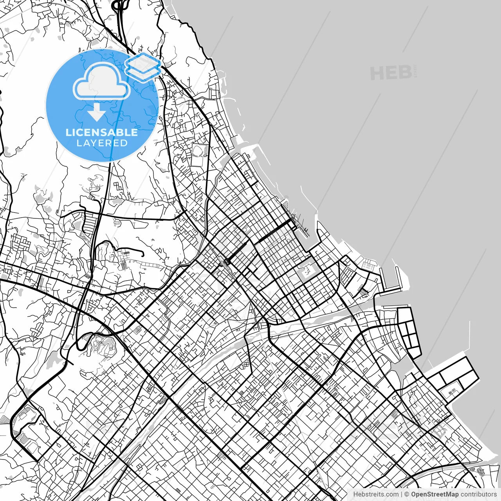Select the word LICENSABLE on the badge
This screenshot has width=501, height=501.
coord(102,132)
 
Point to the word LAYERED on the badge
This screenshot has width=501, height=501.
coord(102,143)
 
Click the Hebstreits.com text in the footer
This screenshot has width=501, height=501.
coord(376,494)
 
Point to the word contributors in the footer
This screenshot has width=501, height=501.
coord(478,494)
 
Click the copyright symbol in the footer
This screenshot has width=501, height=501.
coord(407,494)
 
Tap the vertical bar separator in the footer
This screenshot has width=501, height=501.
coord(402,494)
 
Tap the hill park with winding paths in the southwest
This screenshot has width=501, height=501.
coord(104,346)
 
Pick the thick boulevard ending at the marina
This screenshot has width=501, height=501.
coord(270,232)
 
